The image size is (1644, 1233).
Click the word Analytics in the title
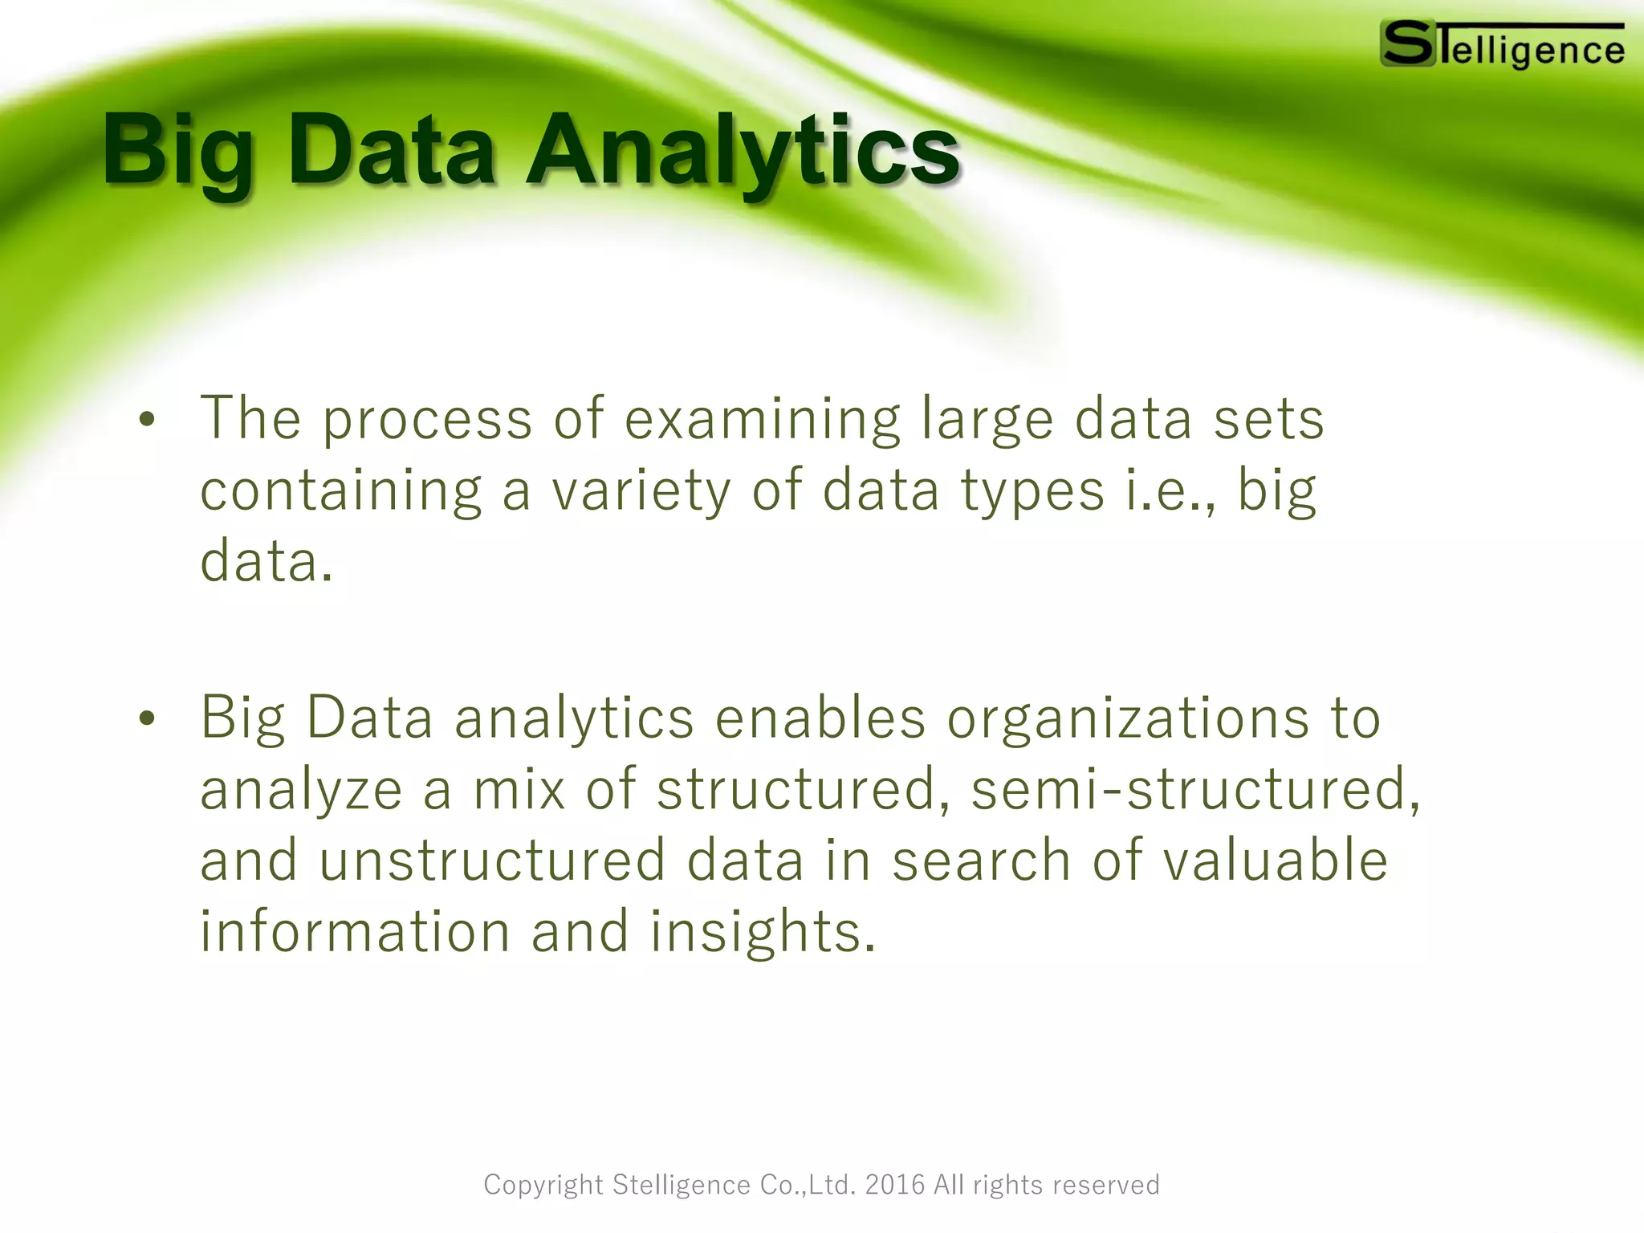[x=743, y=151]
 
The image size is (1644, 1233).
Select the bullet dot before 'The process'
[x=146, y=420]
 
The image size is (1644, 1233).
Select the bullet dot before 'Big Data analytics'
[x=146, y=719]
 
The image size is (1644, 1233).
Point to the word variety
[x=641, y=490]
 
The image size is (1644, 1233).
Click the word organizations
[x=1128, y=718]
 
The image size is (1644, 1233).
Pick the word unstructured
[x=492, y=861]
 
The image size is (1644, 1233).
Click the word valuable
[x=1276, y=861]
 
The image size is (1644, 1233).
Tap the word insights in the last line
[x=762, y=932]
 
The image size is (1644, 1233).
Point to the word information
[x=355, y=932]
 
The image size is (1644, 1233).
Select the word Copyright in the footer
[x=543, y=1185]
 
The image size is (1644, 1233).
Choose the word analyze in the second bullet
[x=301, y=790]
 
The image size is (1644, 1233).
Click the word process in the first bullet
[x=427, y=420]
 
